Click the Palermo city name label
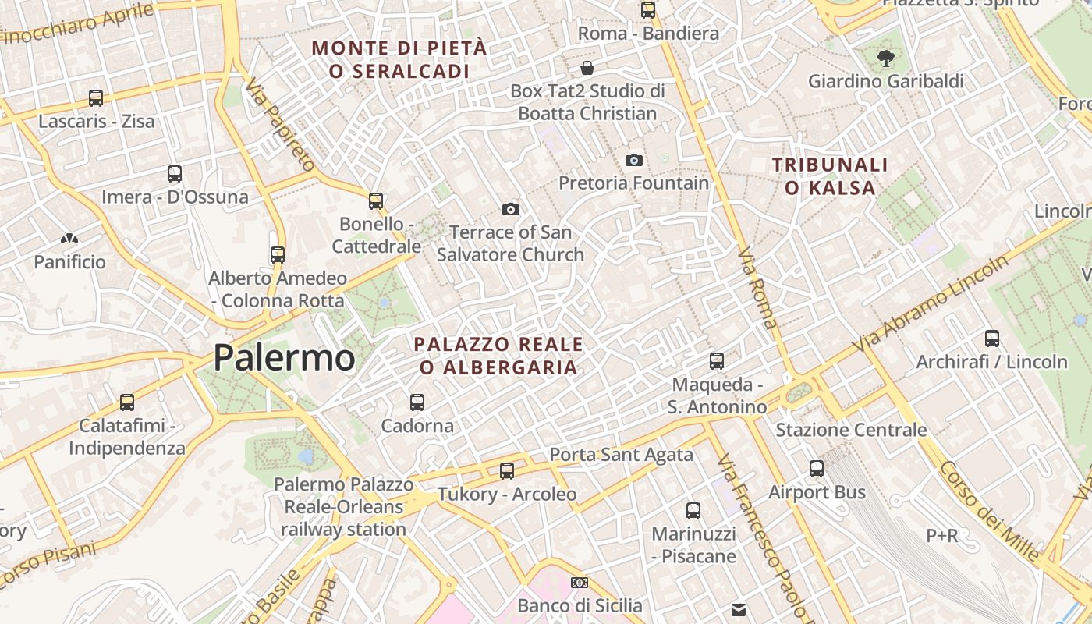tap(284, 358)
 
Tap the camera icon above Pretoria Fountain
tap(634, 160)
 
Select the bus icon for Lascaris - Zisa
tap(96, 98)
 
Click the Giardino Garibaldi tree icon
tap(885, 57)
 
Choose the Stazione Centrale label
tap(851, 430)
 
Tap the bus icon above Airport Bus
tap(817, 469)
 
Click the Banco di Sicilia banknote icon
tap(580, 583)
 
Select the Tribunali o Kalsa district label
tap(830, 176)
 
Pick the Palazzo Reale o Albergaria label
tap(498, 355)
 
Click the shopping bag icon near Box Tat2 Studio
tap(587, 68)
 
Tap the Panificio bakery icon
tap(69, 239)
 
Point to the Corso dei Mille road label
tap(990, 511)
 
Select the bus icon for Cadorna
tap(417, 402)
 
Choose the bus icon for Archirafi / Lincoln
tap(992, 339)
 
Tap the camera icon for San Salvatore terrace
tap(511, 209)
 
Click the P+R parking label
tap(942, 536)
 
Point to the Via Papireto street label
tap(279, 126)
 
